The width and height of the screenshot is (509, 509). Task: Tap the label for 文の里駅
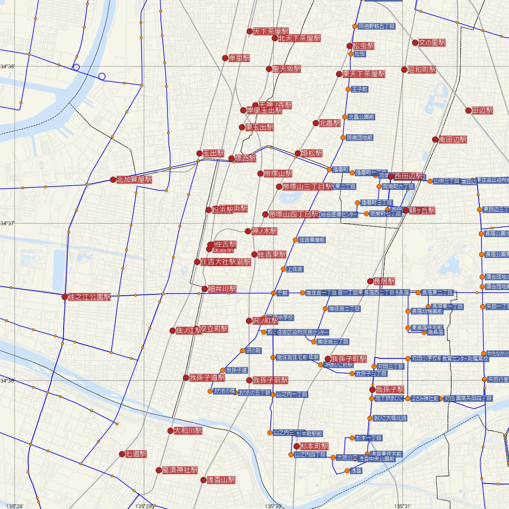432,43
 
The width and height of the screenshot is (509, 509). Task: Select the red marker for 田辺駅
468,110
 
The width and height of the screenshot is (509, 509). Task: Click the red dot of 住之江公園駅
64,297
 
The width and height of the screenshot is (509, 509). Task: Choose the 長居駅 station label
384,281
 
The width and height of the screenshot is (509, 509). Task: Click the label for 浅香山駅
221,480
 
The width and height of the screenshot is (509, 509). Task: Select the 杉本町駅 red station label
314,446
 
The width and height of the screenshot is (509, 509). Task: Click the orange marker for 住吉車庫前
295,240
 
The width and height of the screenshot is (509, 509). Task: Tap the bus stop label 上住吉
295,269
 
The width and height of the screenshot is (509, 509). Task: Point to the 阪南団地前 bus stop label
360,138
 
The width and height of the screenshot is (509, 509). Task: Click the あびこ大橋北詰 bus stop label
390,418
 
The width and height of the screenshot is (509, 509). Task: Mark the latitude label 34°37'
7,223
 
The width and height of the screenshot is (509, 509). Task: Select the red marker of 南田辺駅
435,139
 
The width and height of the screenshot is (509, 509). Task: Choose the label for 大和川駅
188,431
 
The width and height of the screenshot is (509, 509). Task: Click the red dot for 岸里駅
225,58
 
